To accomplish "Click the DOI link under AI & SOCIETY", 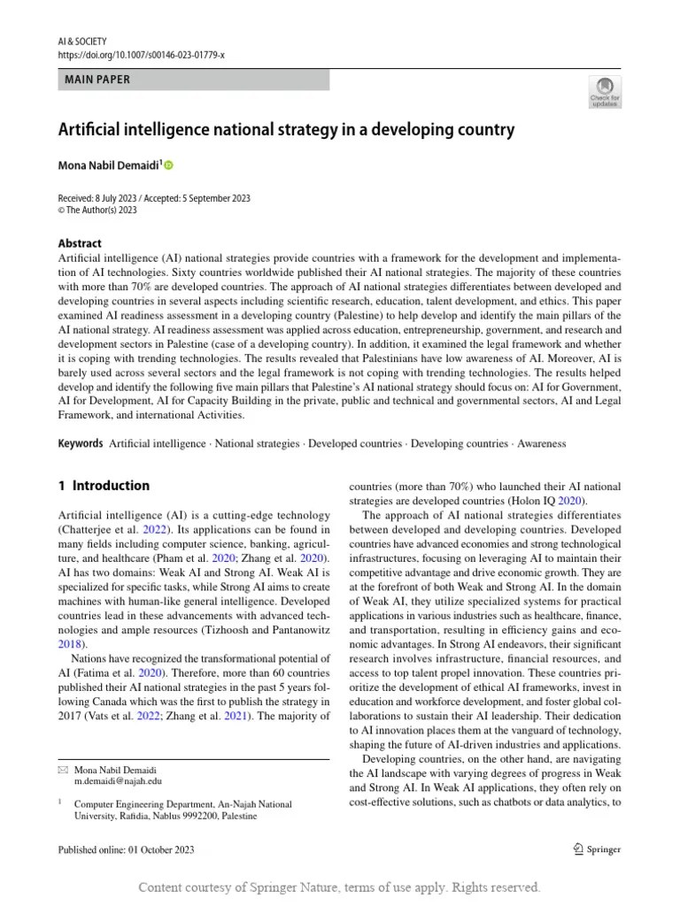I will click(x=142, y=55).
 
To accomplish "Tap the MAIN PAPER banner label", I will click(x=97, y=80).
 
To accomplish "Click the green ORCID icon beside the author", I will click(x=169, y=165).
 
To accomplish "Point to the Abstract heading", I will click(x=80, y=243).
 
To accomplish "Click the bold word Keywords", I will click(x=81, y=443).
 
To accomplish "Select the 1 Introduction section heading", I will click(x=104, y=486).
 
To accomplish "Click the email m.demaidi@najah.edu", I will click(x=118, y=781).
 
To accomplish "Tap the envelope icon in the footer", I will click(x=62, y=770).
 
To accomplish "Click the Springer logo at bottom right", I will click(x=592, y=849).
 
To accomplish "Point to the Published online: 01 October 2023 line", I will click(x=126, y=849).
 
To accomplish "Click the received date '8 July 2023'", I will click(x=121, y=198).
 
